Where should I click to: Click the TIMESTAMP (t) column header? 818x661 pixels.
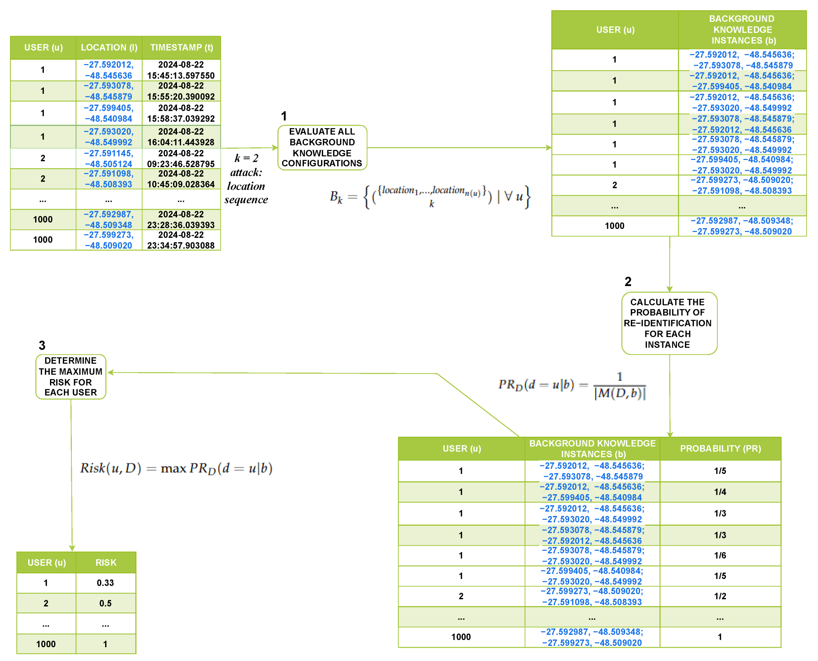coord(181,48)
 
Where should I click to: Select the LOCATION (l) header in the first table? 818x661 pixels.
coord(109,48)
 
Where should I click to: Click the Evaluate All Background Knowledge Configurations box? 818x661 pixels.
coord(322,147)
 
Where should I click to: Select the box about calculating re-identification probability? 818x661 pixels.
coord(669,323)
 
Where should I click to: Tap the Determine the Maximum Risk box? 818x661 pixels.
coord(71,376)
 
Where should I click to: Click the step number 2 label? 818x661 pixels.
coord(628,282)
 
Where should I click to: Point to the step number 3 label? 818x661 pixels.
coord(42,345)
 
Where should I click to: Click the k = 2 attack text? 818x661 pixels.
coord(246,178)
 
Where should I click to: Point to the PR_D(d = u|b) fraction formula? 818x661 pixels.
coord(572,385)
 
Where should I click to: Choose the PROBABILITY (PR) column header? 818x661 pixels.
coord(720,449)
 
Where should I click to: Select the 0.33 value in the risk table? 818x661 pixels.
coord(105,583)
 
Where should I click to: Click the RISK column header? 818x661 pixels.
coord(106,562)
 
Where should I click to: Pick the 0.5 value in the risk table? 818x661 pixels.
coord(105,604)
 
